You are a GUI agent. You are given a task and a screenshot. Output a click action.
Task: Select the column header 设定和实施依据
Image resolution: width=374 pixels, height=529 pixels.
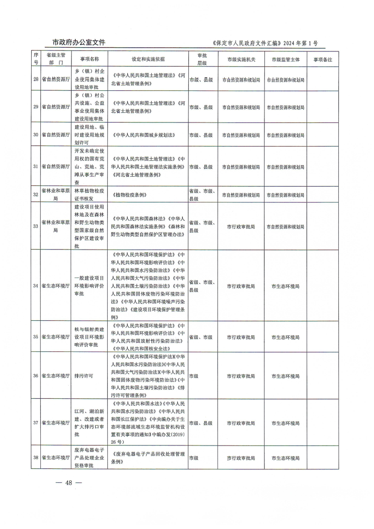click(148, 59)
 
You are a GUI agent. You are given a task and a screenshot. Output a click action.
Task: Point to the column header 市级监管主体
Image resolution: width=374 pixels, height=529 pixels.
click(286, 59)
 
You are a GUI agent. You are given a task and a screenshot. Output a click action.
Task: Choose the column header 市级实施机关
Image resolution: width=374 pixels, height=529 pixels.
click(241, 59)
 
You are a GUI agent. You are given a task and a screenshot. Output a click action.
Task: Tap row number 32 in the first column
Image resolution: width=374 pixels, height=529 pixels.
click(36, 195)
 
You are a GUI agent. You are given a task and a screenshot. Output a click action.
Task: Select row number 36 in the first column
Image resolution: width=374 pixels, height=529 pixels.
click(36, 376)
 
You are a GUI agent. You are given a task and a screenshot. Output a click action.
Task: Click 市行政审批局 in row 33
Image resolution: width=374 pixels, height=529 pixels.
click(241, 226)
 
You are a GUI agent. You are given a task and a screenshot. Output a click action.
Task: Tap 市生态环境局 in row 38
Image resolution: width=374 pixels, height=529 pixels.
click(286, 458)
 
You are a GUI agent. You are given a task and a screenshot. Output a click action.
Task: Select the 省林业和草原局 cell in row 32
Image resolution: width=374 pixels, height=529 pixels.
click(55, 195)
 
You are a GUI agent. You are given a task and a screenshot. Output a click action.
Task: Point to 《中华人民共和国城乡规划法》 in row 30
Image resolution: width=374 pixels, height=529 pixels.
click(143, 135)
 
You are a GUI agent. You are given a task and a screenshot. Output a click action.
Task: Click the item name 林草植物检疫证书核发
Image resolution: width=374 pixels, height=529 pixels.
click(90, 195)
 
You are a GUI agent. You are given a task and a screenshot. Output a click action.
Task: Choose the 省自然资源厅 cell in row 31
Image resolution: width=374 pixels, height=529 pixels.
click(55, 167)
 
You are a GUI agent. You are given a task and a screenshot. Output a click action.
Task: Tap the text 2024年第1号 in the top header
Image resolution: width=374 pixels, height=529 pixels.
click(300, 44)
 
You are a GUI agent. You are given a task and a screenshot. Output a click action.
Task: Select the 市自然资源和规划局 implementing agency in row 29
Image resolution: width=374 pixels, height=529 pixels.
click(241, 107)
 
